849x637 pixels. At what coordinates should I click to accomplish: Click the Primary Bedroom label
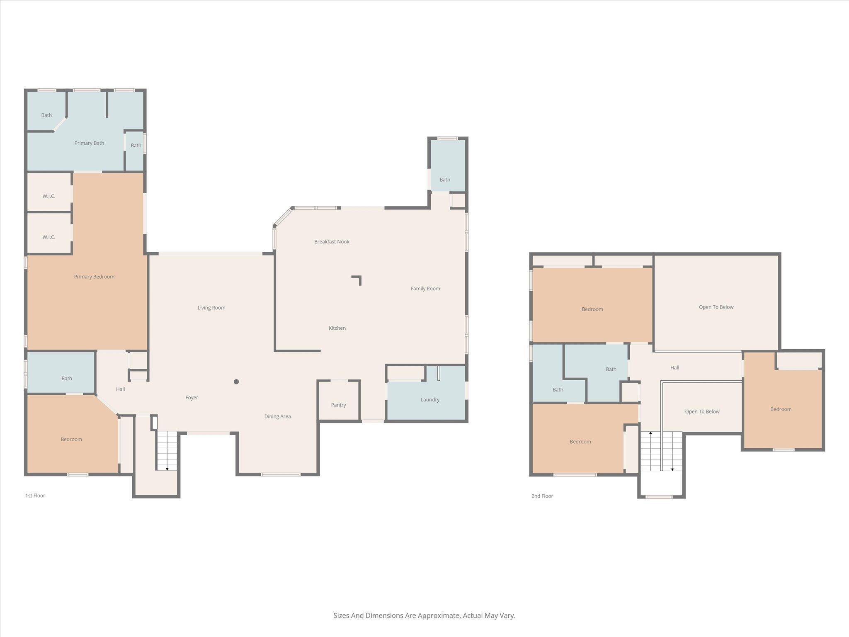[x=94, y=277]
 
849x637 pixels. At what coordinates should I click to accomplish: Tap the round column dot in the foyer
[x=236, y=382]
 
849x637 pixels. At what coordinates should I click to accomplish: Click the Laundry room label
[x=430, y=399]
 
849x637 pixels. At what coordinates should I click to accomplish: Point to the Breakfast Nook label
[x=332, y=241]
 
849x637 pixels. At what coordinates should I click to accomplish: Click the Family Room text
[x=425, y=289]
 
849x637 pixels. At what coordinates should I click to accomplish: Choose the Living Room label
[x=211, y=308]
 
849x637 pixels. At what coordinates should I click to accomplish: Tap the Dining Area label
[x=277, y=416]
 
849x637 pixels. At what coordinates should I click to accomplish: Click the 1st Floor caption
[x=35, y=496]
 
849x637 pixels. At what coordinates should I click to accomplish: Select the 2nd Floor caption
[x=542, y=496]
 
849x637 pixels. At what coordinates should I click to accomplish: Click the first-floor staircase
[x=167, y=450]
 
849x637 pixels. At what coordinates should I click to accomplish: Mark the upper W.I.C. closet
[x=49, y=196]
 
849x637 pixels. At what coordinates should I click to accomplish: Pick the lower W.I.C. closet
[x=49, y=237]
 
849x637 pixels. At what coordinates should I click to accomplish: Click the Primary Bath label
[x=89, y=143]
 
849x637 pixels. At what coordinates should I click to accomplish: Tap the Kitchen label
[x=337, y=328]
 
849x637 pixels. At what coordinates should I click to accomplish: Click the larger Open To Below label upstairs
[x=716, y=307]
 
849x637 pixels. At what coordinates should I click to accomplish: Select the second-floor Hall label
[x=674, y=367]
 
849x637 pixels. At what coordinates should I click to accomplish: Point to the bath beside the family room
[x=445, y=180]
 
